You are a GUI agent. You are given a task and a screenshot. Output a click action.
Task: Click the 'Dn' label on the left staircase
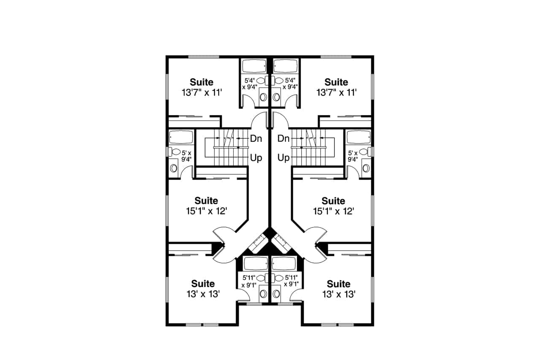256,138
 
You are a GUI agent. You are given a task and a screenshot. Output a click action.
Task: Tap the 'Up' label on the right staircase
284,158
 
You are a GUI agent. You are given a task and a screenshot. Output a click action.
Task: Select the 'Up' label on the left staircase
256,158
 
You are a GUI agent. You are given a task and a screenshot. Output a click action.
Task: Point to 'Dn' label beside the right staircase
284,138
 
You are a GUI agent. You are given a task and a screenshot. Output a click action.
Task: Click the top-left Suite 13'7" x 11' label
201,87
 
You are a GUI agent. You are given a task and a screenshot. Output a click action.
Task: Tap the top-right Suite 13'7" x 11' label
336,87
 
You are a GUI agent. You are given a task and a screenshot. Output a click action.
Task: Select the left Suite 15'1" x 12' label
206,206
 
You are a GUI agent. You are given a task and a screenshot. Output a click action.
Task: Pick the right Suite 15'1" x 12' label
333,206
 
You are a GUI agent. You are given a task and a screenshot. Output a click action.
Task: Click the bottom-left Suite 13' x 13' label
203,289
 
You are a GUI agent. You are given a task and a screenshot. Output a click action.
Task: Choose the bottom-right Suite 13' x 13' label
338,289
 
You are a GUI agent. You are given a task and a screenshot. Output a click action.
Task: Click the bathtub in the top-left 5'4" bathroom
254,66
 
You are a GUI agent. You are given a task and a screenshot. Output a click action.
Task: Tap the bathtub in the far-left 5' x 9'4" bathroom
181,137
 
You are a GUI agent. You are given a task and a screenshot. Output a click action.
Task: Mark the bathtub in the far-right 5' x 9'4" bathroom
359,137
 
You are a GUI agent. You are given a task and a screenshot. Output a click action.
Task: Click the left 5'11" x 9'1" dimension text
248,281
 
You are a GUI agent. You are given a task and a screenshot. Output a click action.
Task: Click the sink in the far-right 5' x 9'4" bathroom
366,168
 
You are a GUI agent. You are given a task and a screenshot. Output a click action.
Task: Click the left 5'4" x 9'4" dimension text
249,83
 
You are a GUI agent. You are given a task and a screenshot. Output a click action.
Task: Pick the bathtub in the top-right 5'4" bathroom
286,66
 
